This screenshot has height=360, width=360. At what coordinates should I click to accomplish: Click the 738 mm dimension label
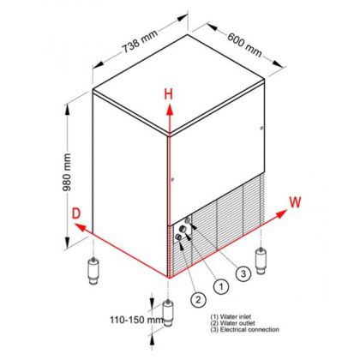140,41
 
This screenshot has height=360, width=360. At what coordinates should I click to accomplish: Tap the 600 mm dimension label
245,45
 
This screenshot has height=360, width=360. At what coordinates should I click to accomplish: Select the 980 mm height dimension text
67,172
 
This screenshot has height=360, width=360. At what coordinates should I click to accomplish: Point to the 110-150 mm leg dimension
136,320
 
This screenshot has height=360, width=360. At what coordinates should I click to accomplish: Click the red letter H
169,94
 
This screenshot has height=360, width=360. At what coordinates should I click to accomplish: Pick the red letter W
295,202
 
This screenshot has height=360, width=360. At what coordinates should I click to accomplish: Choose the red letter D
76,213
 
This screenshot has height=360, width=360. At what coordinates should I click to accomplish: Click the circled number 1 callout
221,286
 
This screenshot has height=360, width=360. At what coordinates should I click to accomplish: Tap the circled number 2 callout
198,299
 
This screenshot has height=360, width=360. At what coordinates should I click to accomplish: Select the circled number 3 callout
243,273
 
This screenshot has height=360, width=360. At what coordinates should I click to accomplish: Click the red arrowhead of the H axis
170,110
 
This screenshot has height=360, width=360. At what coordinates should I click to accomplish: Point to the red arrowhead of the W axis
281,213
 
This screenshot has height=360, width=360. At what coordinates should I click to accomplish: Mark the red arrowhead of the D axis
81,228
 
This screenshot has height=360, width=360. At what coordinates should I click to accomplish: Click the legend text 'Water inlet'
236,316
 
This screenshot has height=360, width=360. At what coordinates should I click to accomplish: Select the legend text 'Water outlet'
237,323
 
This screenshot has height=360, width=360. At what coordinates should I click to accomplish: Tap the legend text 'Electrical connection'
249,329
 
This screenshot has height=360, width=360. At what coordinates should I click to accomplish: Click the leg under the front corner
168,313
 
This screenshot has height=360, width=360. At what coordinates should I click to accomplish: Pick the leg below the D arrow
93,270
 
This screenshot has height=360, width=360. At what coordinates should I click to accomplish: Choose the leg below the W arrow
261,261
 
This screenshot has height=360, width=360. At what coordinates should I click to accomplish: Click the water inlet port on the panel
183,229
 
